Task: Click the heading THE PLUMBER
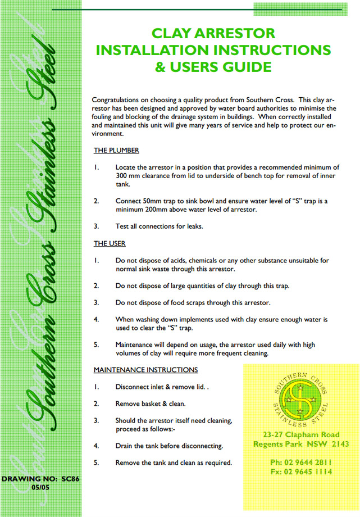tap(116, 151)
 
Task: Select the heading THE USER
tap(110, 243)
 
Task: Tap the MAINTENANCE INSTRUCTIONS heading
tap(145, 370)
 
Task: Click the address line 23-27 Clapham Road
tap(300, 435)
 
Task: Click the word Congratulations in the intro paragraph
tap(120, 99)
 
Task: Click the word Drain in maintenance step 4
tap(125, 446)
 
